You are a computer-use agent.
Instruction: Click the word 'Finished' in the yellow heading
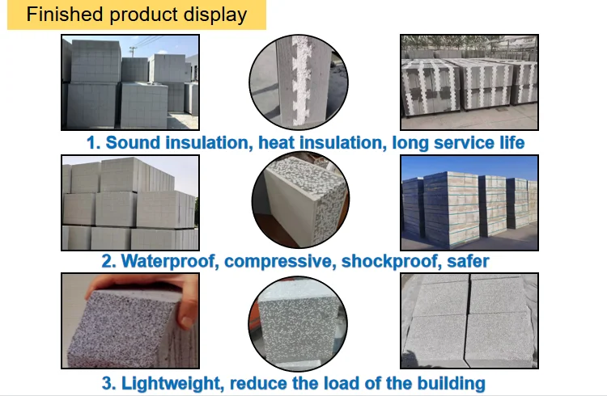[x=64, y=15]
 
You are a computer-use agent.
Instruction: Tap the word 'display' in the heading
[x=216, y=15]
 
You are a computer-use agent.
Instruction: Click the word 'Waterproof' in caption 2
[x=170, y=261]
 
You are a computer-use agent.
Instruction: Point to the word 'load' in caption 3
[x=333, y=382]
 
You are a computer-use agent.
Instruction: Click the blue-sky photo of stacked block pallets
[x=469, y=202]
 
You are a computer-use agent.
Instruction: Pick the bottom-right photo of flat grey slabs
[x=469, y=322]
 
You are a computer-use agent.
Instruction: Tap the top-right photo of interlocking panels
[x=469, y=82]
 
